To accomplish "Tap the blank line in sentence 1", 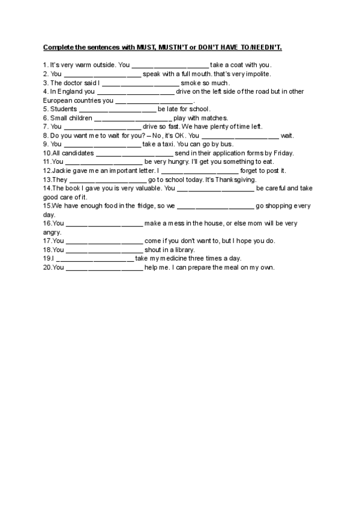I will tap(170, 65).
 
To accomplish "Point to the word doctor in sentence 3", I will tap(75, 83).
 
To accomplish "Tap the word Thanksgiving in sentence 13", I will tap(236, 180).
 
